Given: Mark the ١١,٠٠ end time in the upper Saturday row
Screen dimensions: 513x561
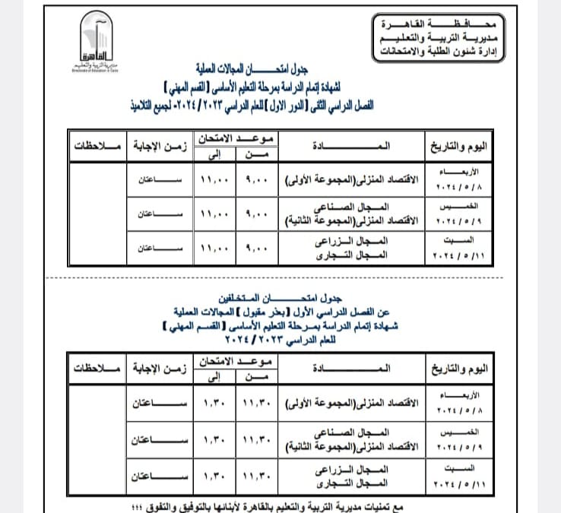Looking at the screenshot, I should [213, 249].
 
